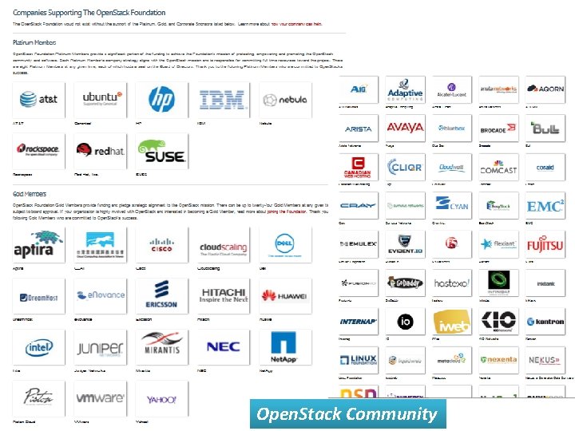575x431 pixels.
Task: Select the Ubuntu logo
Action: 105,99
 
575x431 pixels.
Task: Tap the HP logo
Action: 161,99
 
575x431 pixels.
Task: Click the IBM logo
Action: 223,99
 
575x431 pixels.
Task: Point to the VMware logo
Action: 100,397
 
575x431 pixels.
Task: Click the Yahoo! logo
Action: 161,397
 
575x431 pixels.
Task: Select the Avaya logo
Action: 405,128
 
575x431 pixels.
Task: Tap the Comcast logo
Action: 498,168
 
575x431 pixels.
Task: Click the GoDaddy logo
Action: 405,283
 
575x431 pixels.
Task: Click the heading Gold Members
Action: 30,194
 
